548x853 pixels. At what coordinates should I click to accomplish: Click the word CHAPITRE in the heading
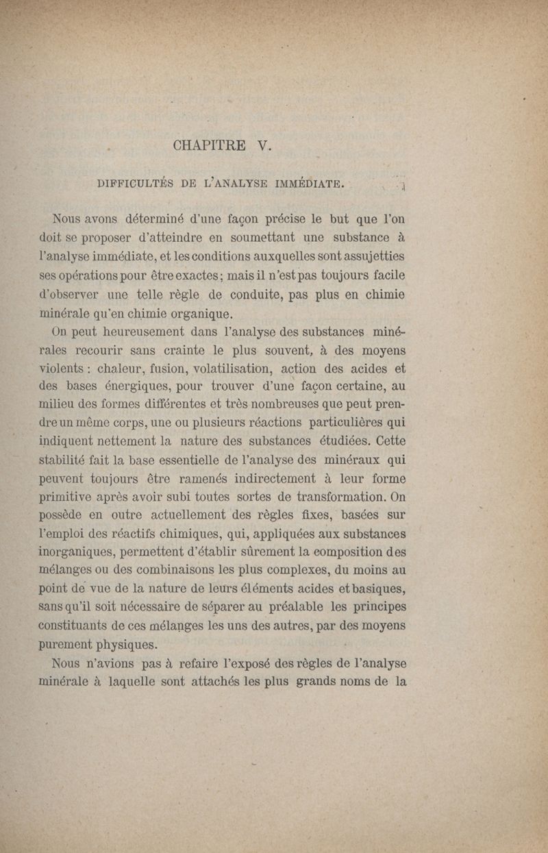coord(210,145)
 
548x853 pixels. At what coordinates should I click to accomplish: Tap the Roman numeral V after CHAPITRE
coord(263,145)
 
